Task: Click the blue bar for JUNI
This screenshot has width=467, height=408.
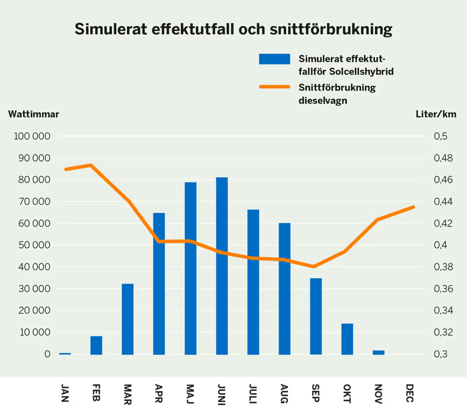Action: point(222,266)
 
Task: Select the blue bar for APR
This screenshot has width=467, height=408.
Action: point(159,284)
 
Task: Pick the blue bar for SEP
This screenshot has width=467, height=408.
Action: point(316,316)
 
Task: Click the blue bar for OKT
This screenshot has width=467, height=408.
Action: point(347,339)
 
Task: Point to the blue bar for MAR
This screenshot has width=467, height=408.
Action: point(127,319)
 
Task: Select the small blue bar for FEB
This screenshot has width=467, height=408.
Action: point(96,345)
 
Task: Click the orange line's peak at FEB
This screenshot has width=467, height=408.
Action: point(91,165)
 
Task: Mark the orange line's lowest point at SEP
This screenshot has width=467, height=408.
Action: point(314,266)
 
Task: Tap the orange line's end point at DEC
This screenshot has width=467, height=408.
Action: point(413,207)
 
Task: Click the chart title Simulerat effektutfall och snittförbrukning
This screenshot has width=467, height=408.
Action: point(233,29)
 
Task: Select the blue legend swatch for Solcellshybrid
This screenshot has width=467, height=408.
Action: point(274,59)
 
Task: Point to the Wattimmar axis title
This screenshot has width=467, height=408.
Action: point(34,114)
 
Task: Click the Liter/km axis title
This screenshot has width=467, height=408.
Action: point(436,114)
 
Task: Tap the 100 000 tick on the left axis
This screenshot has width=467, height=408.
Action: point(31,136)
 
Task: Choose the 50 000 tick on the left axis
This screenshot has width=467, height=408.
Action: point(34,245)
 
